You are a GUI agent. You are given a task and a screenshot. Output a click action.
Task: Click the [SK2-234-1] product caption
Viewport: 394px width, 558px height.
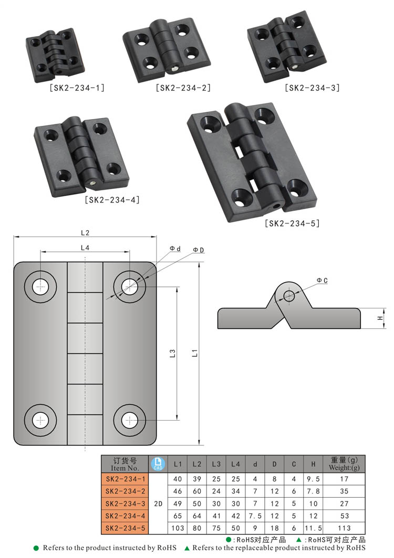point(77,88)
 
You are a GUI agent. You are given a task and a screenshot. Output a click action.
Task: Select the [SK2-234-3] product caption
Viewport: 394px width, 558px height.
point(312,88)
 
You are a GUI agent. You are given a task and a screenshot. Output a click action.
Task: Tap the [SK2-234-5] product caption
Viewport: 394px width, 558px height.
point(292,224)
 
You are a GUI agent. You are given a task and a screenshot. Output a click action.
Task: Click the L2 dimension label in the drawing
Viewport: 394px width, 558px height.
point(85,232)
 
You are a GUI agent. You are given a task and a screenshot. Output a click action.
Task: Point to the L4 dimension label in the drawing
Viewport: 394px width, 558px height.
point(85,247)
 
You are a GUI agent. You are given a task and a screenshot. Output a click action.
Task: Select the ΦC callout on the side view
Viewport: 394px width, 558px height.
point(322,281)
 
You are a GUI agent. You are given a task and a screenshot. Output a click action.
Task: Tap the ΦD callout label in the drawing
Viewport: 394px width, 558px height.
point(198,250)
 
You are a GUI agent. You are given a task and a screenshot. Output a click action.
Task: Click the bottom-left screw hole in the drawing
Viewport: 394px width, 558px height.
point(40,420)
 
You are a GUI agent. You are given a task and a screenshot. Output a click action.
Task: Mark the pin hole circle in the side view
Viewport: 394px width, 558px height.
point(289,295)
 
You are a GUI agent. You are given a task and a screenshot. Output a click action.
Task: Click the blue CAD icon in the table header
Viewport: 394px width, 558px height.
point(158,464)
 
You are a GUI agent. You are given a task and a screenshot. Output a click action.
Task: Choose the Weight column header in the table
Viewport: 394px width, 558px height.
point(344,464)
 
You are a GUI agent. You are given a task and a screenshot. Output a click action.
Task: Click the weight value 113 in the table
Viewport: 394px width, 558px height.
point(344,528)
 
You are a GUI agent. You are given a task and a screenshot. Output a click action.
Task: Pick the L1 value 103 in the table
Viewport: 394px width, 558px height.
point(178,528)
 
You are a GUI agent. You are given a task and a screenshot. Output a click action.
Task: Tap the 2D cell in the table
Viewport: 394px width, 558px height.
point(158,503)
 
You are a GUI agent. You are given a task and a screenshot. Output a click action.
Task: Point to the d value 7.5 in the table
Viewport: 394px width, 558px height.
point(255,516)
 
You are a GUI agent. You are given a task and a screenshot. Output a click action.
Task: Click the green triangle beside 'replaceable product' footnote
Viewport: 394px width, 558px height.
point(187,548)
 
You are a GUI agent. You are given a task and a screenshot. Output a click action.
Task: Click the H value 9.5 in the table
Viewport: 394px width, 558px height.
point(313,479)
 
